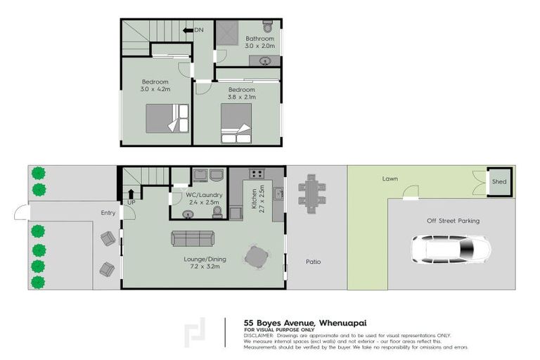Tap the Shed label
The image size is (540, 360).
(x=499, y=181)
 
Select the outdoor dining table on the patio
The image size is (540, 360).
(x=310, y=192)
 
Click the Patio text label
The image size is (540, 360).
(x=313, y=262)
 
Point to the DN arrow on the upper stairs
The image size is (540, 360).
(x=188, y=30)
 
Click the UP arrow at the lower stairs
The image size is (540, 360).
(x=130, y=195)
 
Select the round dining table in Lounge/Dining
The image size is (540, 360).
(x=255, y=257)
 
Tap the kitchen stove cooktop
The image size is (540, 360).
(x=257, y=173)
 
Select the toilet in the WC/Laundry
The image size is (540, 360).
(x=216, y=211)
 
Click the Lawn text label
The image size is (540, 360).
(x=390, y=179)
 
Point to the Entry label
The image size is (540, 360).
(x=108, y=212)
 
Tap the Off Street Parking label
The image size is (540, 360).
(x=453, y=221)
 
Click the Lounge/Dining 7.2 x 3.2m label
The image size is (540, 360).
(x=200, y=262)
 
